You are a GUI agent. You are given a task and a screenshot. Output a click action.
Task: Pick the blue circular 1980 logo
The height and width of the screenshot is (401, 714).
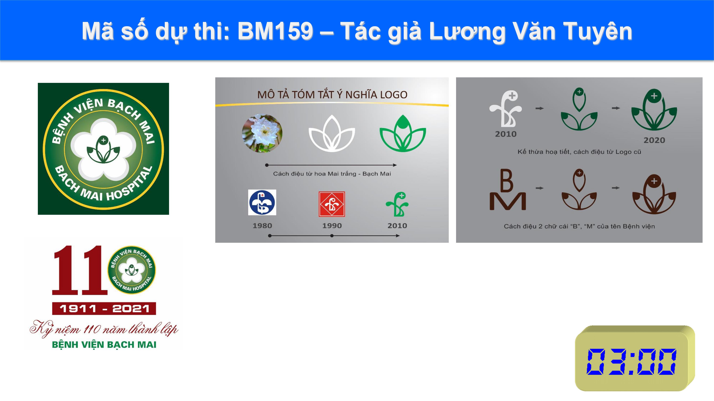pyautogui.click(x=262, y=202)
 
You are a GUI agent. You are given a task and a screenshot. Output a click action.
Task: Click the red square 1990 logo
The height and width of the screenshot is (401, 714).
pyautogui.click(x=332, y=204)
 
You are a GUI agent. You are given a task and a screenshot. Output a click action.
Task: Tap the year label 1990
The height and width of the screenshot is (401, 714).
pyautogui.click(x=332, y=226)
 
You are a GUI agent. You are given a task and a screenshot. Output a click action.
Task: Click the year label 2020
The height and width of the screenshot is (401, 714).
pyautogui.click(x=654, y=140)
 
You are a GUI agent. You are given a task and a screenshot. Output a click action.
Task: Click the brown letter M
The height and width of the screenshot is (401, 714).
pyautogui.click(x=507, y=201)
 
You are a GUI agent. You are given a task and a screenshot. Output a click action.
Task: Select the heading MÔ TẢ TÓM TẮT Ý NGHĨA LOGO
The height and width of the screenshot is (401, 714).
pyautogui.click(x=332, y=95)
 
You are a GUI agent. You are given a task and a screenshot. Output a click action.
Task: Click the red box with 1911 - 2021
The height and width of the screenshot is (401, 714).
pyautogui.click(x=104, y=308)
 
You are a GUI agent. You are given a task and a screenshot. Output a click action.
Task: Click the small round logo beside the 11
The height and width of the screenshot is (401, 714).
pyautogui.click(x=132, y=270)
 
